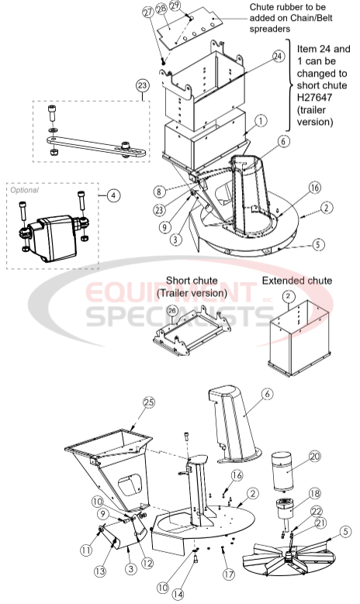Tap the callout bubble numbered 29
(175, 6)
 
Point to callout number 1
(261, 121)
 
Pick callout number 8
(180, 190)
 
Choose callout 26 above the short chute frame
(171, 311)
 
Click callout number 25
(149, 402)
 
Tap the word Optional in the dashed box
(24, 188)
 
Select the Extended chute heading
(296, 280)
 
